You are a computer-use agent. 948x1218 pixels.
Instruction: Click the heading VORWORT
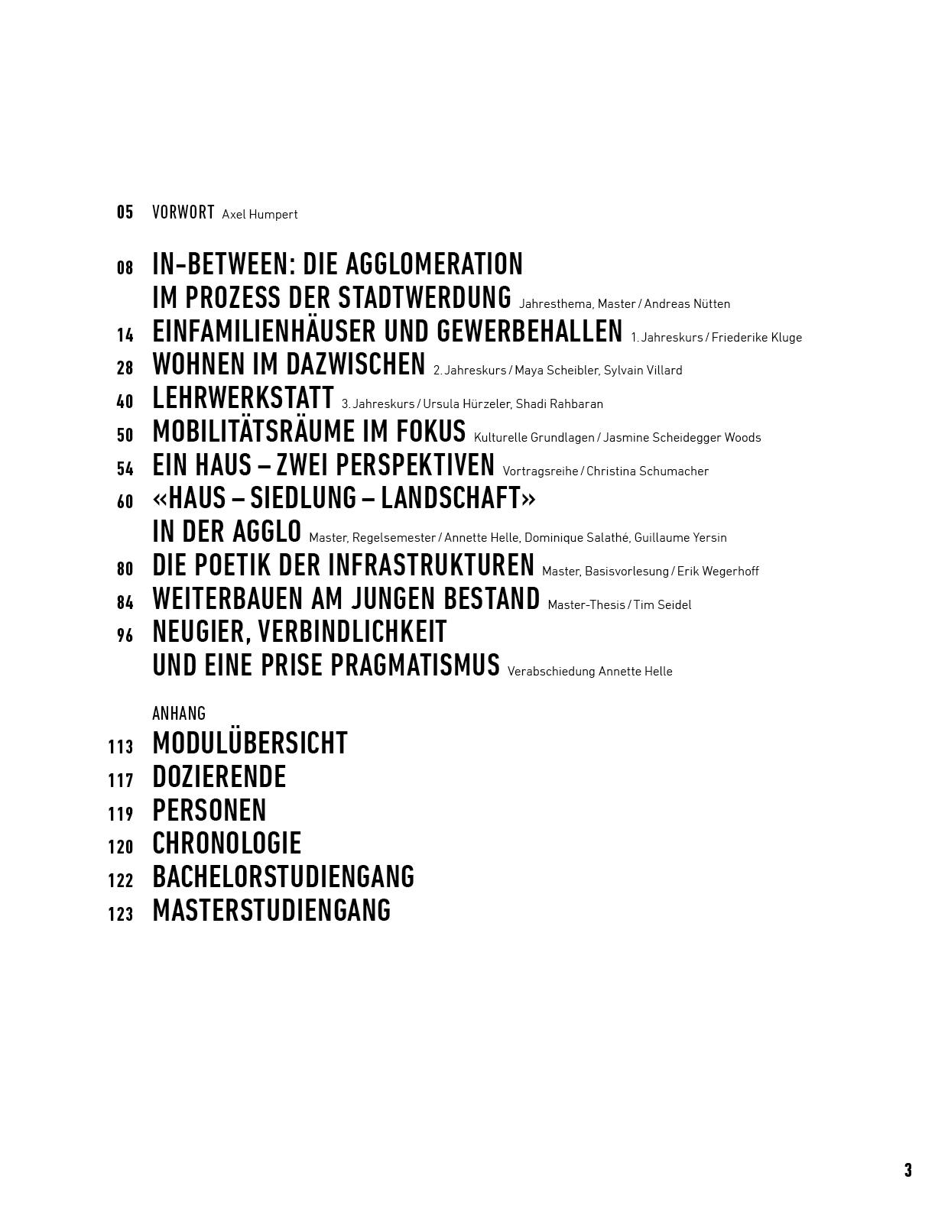tap(183, 212)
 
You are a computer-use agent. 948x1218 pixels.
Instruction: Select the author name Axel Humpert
tap(260, 215)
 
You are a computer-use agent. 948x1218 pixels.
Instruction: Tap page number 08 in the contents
tap(125, 267)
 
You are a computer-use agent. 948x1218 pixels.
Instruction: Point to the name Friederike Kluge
tap(757, 337)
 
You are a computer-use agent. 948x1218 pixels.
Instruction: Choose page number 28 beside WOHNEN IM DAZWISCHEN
tap(125, 368)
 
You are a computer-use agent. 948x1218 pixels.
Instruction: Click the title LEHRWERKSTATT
tap(243, 398)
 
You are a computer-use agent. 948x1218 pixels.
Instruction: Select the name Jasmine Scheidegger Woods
tap(682, 438)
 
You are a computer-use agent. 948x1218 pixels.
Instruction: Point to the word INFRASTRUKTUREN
tap(431, 565)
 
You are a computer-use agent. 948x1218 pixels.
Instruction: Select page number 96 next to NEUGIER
tap(125, 635)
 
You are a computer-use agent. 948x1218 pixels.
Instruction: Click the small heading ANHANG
tap(179, 714)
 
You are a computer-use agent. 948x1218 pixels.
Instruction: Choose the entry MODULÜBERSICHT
tap(250, 743)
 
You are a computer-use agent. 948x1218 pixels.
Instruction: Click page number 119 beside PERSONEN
tap(121, 814)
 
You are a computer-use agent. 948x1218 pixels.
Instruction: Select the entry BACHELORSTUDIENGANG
tap(283, 877)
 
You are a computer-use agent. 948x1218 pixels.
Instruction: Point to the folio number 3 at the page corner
tap(907, 1170)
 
